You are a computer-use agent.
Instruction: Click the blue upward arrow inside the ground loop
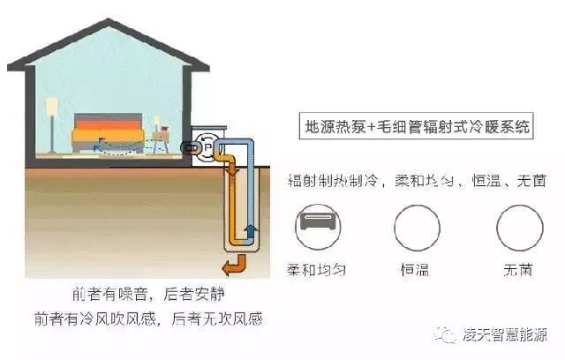tap(250, 231)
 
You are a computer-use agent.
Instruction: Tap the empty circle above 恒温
tap(417, 228)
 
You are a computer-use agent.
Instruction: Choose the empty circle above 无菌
tap(519, 228)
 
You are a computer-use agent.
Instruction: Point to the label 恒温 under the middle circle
tap(417, 269)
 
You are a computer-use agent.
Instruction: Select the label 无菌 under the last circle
tap(519, 269)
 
